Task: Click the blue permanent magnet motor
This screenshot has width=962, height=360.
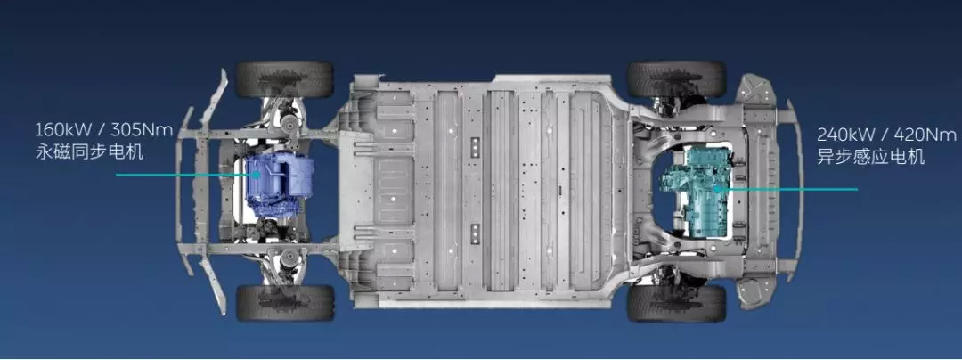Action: (x=280, y=184)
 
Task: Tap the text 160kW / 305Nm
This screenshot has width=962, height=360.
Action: (x=104, y=130)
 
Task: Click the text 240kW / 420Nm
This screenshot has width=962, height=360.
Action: (x=886, y=135)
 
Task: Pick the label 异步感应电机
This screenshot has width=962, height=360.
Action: (x=870, y=157)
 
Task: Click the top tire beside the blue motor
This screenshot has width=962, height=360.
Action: (x=284, y=79)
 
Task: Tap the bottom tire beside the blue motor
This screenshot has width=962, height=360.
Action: (x=285, y=302)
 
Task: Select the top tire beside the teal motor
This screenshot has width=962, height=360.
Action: (x=676, y=79)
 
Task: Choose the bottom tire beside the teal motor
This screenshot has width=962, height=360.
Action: (x=676, y=303)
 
